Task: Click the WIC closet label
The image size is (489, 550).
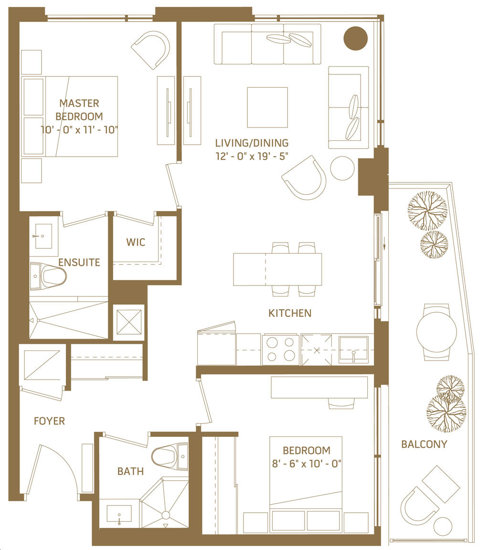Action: [136, 242]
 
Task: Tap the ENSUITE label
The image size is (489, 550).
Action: [79, 263]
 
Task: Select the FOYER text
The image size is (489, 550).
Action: [50, 421]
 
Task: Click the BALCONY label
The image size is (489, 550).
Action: [424, 444]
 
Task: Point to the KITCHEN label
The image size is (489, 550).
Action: [290, 313]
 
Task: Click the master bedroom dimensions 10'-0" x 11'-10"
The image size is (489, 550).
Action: [79, 130]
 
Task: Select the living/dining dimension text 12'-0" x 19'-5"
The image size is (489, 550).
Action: [252, 156]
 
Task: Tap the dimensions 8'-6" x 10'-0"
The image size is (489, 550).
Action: [307, 464]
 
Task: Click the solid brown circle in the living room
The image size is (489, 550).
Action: [355, 38]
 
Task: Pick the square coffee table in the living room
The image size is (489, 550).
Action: [267, 108]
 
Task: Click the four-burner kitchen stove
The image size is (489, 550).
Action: [281, 349]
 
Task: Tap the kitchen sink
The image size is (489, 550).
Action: [353, 349]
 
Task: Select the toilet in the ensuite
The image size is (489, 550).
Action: [48, 276]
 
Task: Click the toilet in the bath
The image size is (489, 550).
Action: [170, 456]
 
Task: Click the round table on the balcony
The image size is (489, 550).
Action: [436, 331]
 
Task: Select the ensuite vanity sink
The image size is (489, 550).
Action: [43, 236]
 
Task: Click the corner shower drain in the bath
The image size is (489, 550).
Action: [166, 515]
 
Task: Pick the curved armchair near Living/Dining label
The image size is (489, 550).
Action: [305, 178]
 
